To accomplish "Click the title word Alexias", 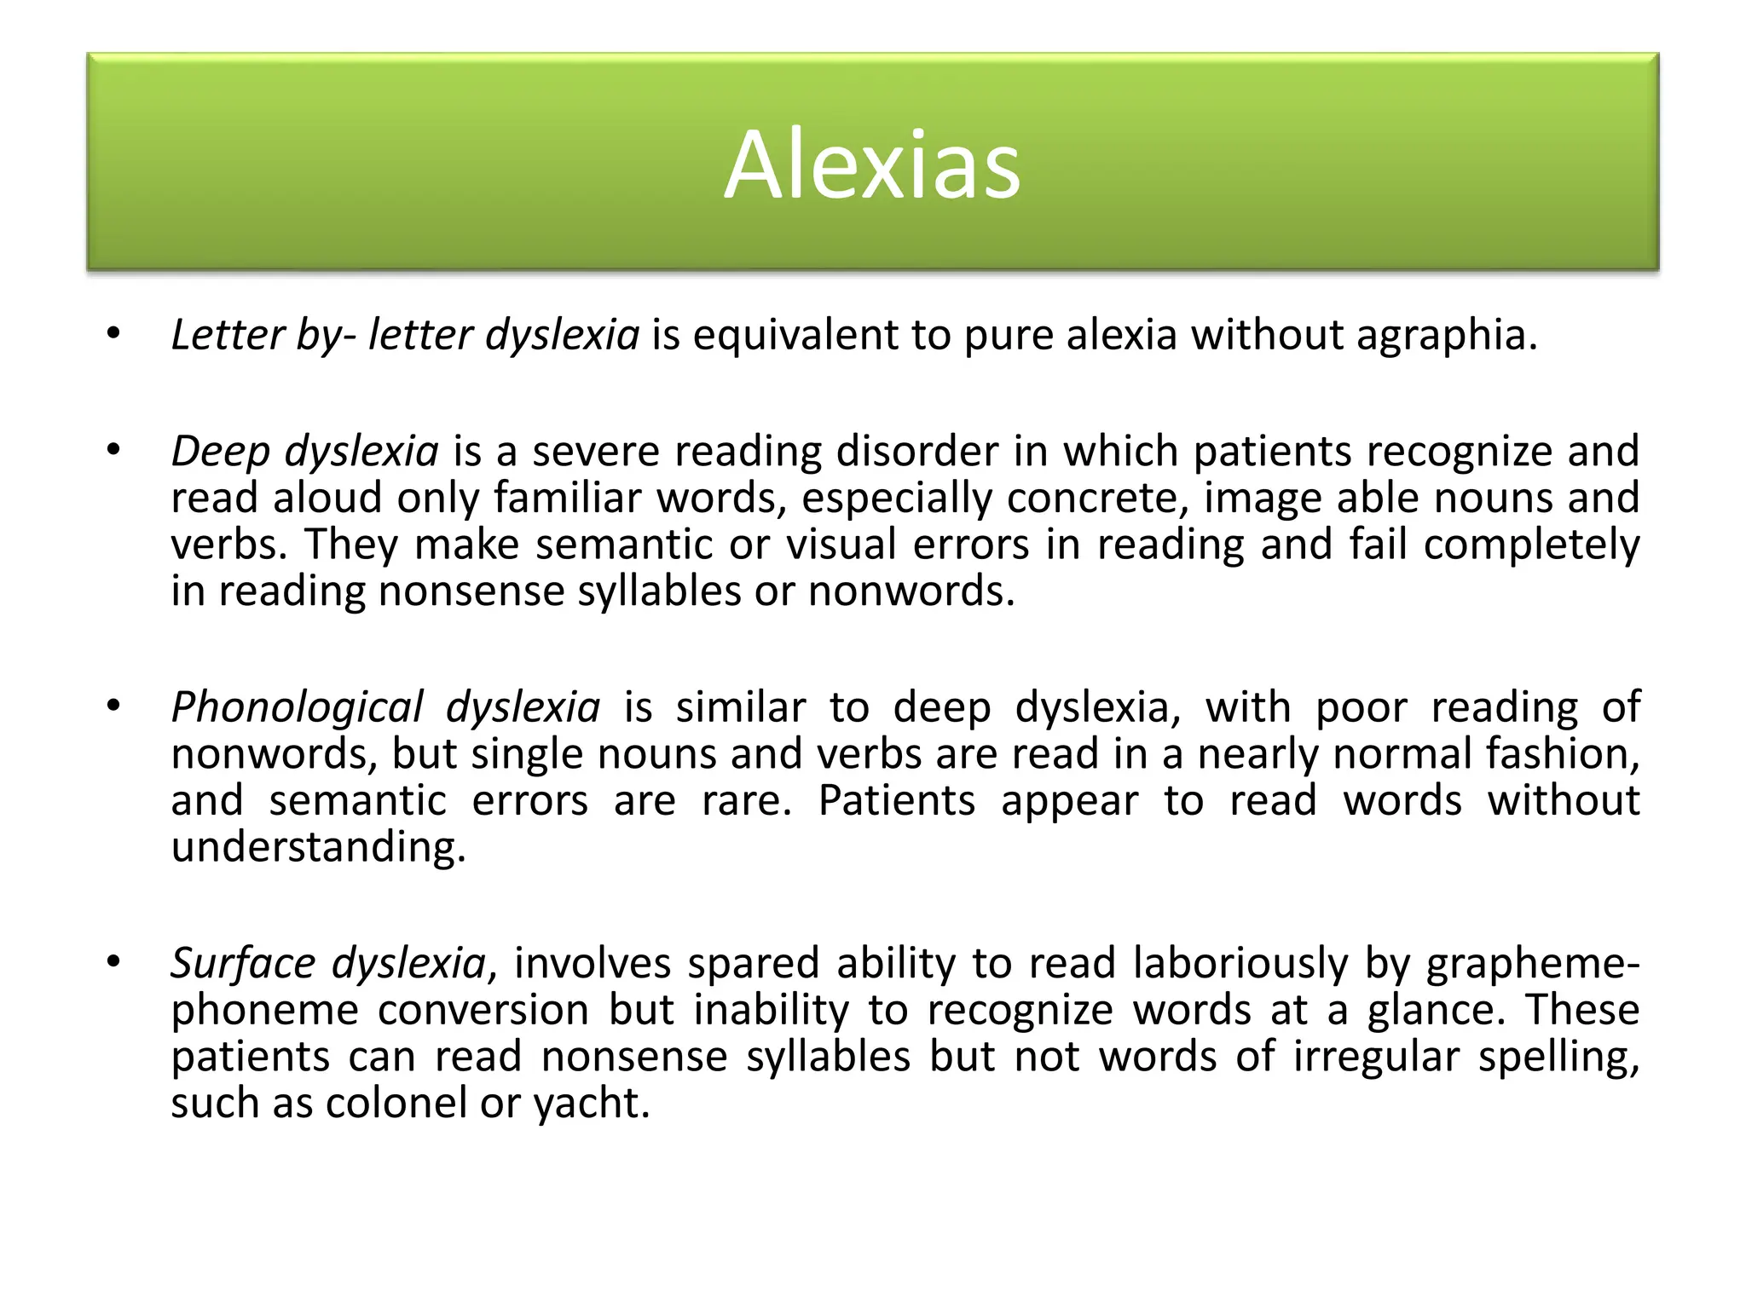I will tap(871, 164).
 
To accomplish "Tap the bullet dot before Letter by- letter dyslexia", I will tap(113, 334).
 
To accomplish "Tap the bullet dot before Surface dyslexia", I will tap(113, 962).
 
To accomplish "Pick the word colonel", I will tap(396, 1104).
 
